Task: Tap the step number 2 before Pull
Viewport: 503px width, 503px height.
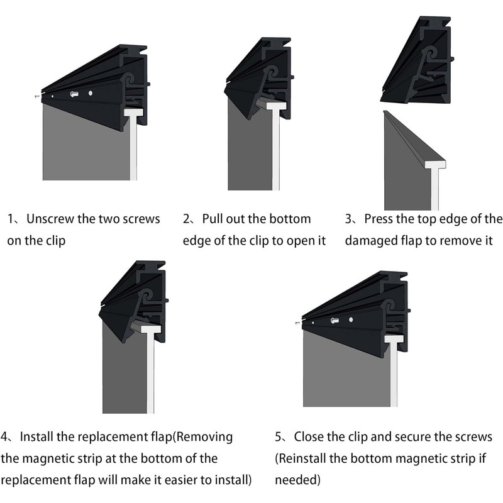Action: point(187,219)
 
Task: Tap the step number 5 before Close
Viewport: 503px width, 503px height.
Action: point(279,437)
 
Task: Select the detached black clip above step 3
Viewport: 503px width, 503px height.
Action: point(418,63)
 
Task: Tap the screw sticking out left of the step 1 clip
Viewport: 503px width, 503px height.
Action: point(36,96)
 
